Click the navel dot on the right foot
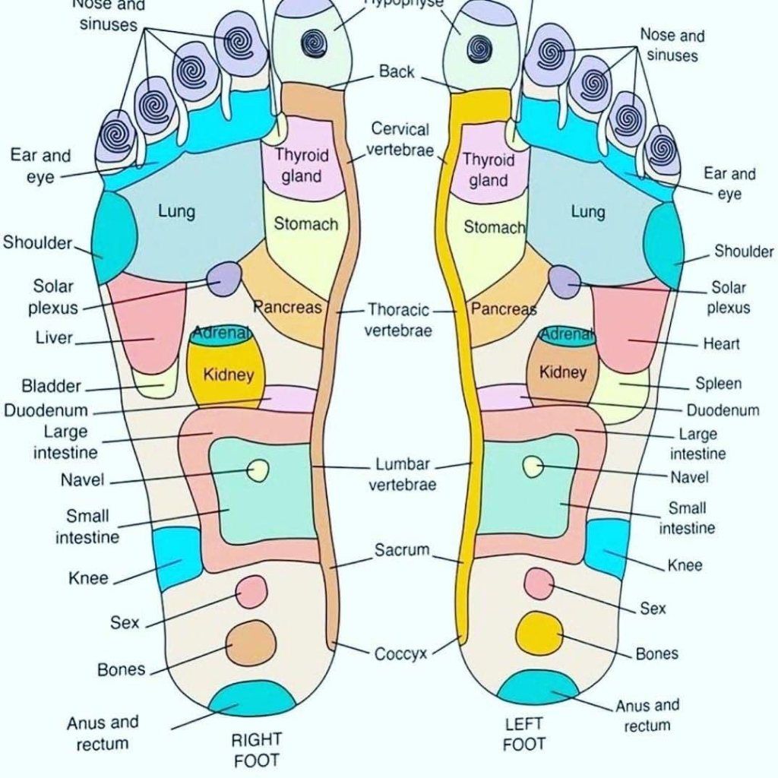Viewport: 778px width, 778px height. pos(258,471)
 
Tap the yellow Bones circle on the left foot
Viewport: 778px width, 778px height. pos(539,632)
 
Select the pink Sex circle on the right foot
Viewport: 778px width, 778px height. pos(251,591)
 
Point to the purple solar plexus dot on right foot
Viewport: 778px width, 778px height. pos(225,279)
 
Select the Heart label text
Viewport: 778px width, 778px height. pos(721,344)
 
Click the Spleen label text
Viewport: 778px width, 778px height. pos(718,384)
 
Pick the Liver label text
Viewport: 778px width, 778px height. pos(54,337)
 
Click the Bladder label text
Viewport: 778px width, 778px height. pos(51,386)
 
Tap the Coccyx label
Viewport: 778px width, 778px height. pos(400,653)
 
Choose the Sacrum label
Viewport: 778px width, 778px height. pos(402,550)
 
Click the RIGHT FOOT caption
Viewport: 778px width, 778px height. pos(256,749)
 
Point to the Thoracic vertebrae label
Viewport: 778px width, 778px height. pos(398,320)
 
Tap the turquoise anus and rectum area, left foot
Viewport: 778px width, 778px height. pos(537,688)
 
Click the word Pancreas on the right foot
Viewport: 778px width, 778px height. pos(287,308)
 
